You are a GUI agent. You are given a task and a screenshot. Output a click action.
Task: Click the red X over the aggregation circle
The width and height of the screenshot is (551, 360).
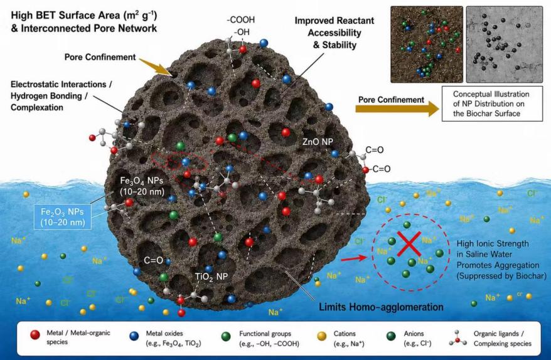point(409,244)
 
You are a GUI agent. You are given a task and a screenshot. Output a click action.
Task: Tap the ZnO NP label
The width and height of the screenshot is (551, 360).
point(318,142)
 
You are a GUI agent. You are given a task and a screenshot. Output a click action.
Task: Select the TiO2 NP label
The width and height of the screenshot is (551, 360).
point(211,277)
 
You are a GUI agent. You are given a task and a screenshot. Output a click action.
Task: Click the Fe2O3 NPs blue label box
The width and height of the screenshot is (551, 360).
point(63,217)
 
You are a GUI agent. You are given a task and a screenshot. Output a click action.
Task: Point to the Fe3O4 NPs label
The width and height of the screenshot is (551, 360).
point(142,186)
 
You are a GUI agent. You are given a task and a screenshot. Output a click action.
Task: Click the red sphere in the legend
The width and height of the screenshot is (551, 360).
point(35,335)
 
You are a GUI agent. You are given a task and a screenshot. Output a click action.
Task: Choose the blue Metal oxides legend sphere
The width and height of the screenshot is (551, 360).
point(134,336)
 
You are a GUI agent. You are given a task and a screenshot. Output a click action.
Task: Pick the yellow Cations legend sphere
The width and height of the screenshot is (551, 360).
point(322,336)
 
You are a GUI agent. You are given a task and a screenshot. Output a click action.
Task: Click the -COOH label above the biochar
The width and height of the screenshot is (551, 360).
point(241,20)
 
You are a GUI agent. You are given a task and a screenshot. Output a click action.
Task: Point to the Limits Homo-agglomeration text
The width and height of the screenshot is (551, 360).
point(381,307)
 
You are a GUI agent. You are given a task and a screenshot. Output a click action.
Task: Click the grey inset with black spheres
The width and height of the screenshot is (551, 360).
point(505,45)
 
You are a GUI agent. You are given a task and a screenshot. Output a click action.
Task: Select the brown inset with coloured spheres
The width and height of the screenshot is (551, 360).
point(427,45)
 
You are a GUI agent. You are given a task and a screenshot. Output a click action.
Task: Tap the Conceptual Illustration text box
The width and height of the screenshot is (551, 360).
point(492,103)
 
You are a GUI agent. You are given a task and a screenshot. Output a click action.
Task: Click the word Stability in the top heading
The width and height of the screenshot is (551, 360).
point(340,45)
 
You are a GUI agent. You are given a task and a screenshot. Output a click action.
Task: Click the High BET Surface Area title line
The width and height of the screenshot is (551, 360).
point(84,16)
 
